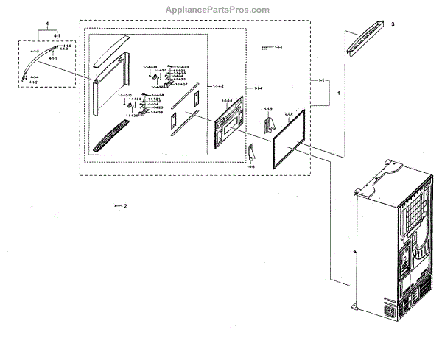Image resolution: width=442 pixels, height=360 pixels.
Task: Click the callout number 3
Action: tap(393, 25)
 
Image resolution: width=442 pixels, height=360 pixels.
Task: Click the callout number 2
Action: tap(125, 206)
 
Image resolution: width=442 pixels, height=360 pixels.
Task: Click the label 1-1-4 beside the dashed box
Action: tap(257, 88)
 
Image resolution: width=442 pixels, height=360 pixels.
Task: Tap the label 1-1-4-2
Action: tap(218, 87)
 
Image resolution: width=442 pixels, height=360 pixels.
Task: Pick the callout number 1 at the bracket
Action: tap(338, 93)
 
